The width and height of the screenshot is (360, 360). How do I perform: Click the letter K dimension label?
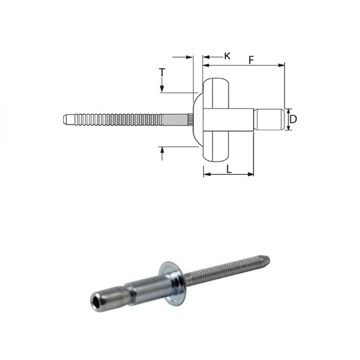click(227, 56)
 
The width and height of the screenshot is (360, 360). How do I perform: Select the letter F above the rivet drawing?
click(250, 60)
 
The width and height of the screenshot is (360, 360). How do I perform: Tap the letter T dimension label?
click(162, 73)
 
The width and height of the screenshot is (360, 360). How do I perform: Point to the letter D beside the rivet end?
click(293, 119)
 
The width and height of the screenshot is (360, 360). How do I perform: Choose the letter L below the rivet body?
click(228, 168)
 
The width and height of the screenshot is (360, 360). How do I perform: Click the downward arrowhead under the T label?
click(162, 89)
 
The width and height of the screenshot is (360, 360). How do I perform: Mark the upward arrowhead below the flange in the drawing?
click(162, 150)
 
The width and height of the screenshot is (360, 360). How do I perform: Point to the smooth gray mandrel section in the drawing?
click(175, 119)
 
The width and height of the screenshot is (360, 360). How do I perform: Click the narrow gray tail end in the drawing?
click(269, 119)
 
